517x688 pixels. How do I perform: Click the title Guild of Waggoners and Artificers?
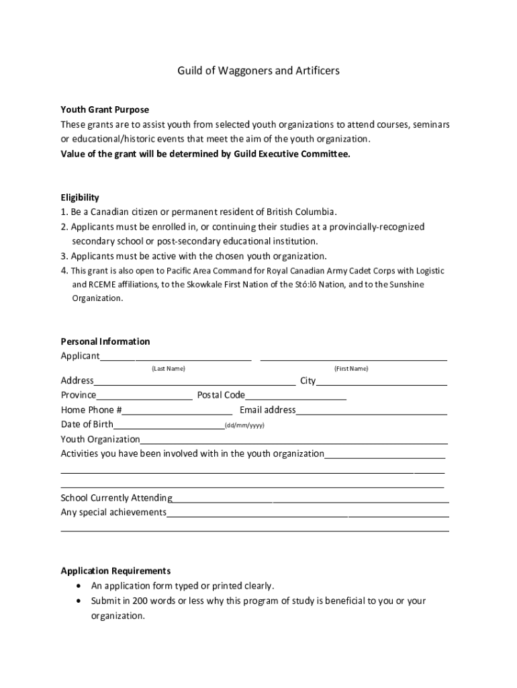coord(258,71)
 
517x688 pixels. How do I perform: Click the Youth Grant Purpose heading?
coord(105,110)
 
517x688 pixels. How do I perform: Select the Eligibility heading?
coord(80,198)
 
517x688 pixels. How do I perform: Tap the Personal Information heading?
coord(105,341)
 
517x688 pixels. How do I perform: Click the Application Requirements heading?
coord(115,571)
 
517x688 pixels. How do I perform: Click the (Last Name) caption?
coord(168,369)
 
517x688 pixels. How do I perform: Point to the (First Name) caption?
coord(351,369)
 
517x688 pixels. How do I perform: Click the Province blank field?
coord(144,398)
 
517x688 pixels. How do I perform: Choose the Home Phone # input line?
coord(177,413)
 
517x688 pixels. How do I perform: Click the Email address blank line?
coord(371,413)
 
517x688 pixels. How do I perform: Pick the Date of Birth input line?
coord(169,427)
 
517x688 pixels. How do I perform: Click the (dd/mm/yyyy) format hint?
coord(244,426)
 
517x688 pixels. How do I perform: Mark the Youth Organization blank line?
coord(293,442)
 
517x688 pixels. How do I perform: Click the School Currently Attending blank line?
coord(310,501)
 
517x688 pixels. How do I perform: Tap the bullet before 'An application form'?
coord(81,586)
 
